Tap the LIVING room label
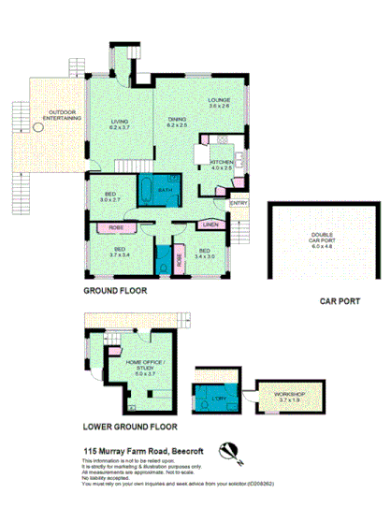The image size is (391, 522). (x=119, y=124)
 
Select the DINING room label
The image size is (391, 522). (x=178, y=122)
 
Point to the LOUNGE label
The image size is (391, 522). (x=219, y=103)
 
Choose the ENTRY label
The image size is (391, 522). (x=238, y=204)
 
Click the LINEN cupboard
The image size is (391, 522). (x=210, y=225)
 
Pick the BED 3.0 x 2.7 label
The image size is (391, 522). (x=110, y=196)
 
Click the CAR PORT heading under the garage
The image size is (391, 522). (x=340, y=301)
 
